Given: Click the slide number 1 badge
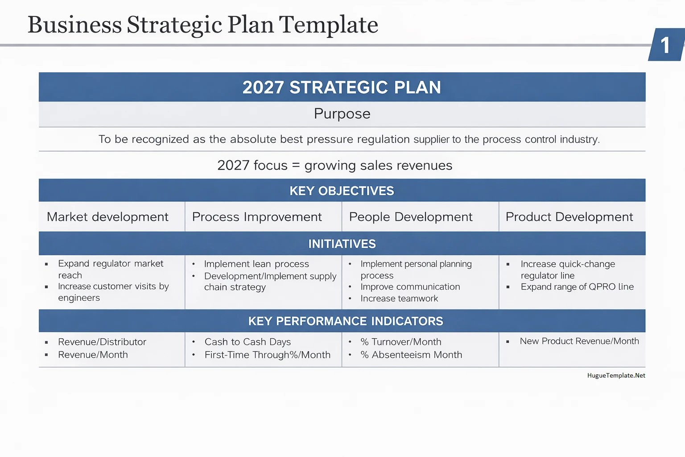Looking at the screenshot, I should coord(665,45).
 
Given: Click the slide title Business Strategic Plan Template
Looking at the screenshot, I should coord(203,25).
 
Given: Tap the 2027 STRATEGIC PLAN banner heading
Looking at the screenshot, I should coord(342,87).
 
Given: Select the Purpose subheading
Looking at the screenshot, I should coord(342,114).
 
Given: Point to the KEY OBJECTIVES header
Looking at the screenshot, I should coord(342,191).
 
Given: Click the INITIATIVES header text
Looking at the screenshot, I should coord(342,244).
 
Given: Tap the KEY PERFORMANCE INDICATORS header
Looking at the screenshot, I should coord(346,321).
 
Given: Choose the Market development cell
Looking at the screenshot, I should coord(107,217).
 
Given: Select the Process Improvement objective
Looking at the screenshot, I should coord(257,217).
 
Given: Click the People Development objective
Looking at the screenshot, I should coord(411,217).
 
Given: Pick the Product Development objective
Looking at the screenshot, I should coord(569,217).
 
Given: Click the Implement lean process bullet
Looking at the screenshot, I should coord(256,264).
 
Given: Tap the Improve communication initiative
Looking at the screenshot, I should coord(410,287).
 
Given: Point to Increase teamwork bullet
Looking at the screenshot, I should coord(399,299).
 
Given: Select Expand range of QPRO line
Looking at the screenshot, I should coord(577,287).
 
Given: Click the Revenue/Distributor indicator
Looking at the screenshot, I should coord(102,342).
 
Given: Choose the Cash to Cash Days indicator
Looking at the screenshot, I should coord(248,342).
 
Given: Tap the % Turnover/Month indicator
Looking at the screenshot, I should coord(401,342).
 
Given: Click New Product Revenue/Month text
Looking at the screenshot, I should coord(579,341).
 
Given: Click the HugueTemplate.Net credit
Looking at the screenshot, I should coord(616,375).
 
